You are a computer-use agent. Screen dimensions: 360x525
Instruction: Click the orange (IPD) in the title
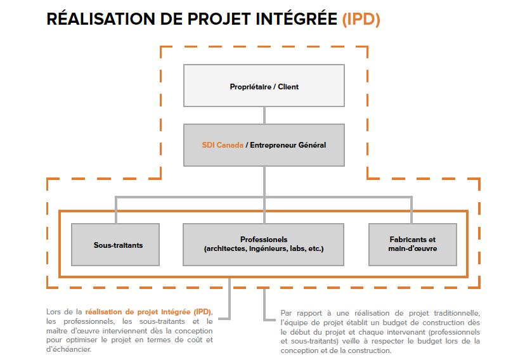[x=361, y=20]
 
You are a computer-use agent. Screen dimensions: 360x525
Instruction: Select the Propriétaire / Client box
[x=264, y=86]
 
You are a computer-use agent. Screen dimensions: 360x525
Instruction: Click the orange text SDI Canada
[x=222, y=145]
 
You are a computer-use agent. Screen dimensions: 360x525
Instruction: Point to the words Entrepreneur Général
[x=288, y=145]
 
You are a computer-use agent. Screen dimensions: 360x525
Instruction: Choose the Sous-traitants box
[x=115, y=244]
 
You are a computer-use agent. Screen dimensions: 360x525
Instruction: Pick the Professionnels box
[x=264, y=244]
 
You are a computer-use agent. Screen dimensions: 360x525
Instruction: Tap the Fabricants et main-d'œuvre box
[x=412, y=244]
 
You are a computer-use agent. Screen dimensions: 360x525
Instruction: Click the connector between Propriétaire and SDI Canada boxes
[x=264, y=115]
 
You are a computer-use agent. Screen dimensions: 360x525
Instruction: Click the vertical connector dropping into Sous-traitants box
[x=115, y=210]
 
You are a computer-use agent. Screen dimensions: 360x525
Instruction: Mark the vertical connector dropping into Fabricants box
[x=412, y=210]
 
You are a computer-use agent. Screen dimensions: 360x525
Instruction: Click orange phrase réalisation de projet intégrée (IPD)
[x=148, y=312]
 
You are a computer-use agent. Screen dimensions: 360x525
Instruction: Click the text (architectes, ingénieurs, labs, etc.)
[x=264, y=249]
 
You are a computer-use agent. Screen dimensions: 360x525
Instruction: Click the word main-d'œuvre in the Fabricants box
[x=412, y=249]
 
